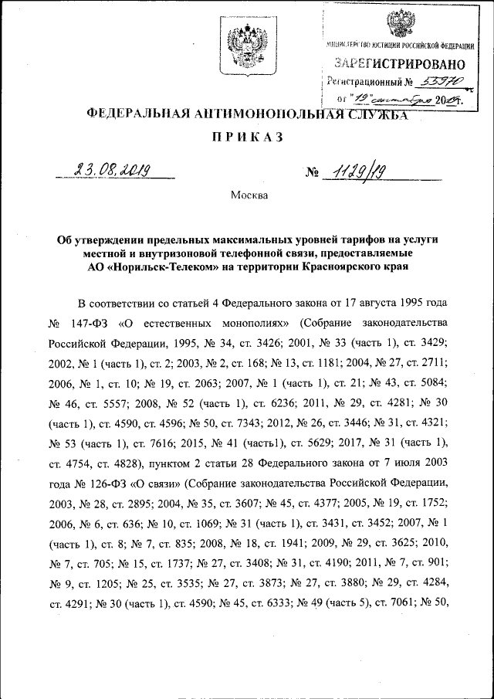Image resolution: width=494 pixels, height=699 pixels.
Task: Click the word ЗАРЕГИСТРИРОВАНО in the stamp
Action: pyautogui.click(x=399, y=63)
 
